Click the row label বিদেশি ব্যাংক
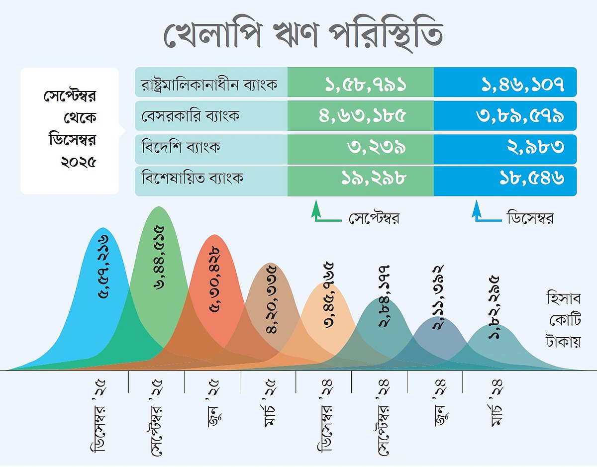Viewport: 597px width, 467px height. tap(181, 148)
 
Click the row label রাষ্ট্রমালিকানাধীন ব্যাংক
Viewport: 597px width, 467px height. tap(209, 84)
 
